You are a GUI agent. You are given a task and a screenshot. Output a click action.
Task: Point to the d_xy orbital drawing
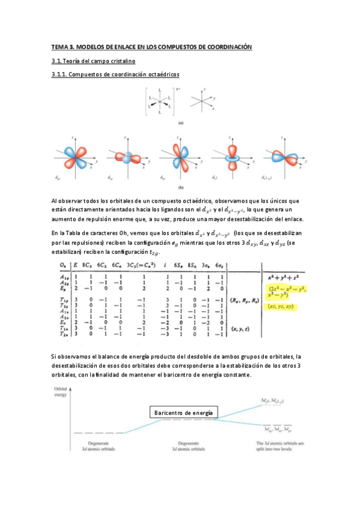[x=126, y=155]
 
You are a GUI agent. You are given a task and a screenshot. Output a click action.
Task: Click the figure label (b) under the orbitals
[x=180, y=187]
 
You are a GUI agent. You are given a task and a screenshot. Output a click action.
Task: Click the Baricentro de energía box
[x=185, y=413]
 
